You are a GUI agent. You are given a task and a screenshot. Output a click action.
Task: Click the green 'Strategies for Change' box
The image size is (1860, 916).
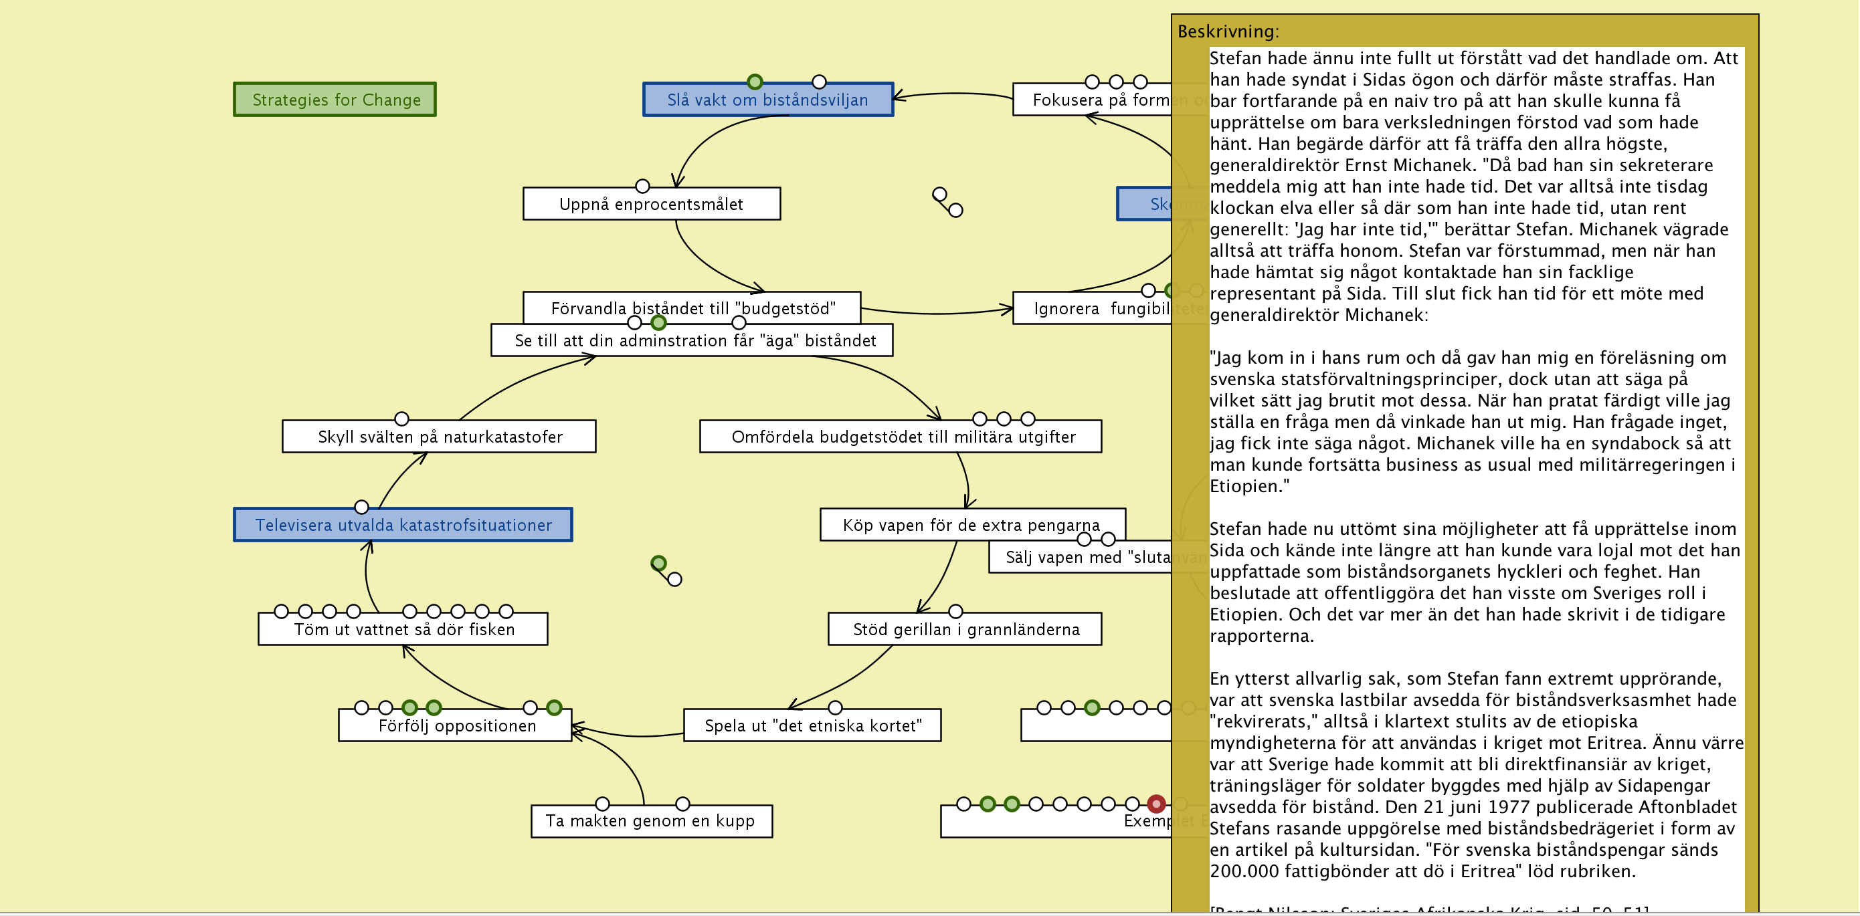335,100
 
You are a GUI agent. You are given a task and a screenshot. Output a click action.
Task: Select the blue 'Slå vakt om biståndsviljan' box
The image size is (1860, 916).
767,100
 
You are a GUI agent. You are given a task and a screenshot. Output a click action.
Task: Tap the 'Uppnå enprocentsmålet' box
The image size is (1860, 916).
651,205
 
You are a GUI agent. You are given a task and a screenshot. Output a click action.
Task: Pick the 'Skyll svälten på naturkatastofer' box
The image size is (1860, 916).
439,437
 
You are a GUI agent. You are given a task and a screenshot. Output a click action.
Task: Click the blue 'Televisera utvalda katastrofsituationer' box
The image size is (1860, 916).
403,525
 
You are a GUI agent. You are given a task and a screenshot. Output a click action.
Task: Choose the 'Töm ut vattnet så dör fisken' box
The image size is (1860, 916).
403,629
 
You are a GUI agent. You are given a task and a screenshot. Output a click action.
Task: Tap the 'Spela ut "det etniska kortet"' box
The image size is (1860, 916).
812,725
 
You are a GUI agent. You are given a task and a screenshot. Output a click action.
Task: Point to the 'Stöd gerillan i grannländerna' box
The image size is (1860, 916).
965,629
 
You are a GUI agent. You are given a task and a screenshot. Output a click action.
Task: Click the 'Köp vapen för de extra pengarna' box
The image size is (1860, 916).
972,525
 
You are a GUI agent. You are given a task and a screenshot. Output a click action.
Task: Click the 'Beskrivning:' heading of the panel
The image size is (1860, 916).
1228,31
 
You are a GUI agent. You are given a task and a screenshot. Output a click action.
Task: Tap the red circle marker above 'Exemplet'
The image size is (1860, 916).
1156,804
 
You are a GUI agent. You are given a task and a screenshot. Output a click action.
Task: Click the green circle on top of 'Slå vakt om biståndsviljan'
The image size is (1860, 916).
755,82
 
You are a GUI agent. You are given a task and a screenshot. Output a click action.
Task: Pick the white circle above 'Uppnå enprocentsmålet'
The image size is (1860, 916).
642,187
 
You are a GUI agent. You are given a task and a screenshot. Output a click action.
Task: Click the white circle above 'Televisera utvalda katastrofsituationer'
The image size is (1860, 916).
362,507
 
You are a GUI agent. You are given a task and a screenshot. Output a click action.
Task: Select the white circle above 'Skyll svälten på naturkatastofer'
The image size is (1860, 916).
402,419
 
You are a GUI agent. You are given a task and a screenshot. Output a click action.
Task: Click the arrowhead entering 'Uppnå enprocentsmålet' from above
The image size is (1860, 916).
676,183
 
